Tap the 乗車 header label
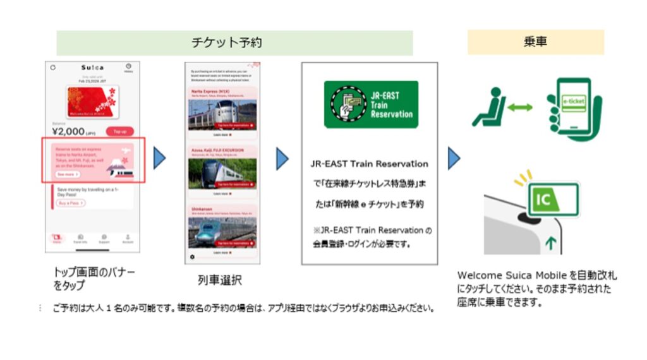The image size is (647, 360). click(535, 42)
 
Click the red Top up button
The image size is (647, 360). click(119, 131)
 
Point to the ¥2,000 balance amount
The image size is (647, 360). click(69, 131)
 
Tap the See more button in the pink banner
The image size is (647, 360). click(67, 174)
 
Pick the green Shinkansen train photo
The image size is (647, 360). click(222, 232)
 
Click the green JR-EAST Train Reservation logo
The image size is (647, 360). click(371, 104)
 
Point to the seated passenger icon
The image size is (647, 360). click(487, 109)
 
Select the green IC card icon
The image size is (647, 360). click(552, 200)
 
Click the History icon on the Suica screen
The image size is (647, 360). click(128, 68)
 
